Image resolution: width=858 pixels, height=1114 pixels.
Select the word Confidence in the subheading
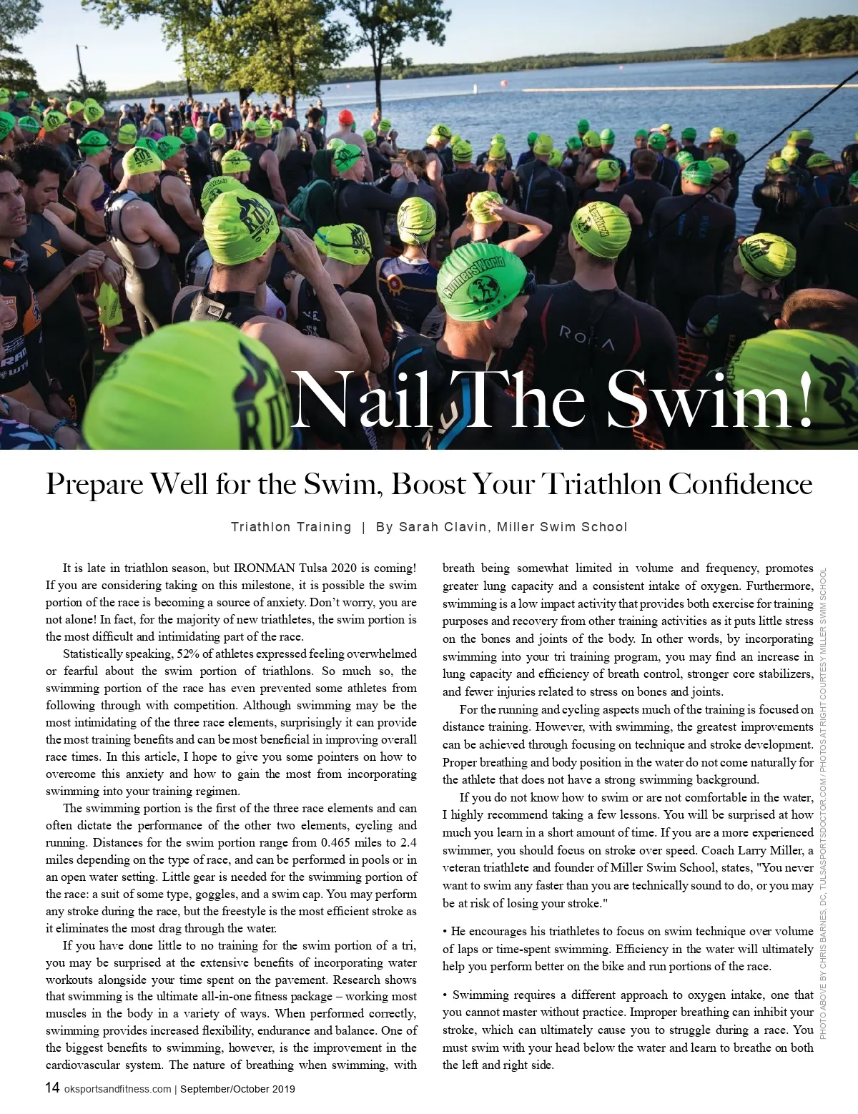tap(740, 485)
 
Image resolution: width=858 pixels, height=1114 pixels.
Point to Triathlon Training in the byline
tap(291, 527)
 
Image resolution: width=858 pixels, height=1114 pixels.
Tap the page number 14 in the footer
tap(52, 1088)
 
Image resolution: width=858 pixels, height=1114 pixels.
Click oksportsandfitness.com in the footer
tap(117, 1089)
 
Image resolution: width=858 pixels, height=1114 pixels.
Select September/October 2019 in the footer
tap(237, 1089)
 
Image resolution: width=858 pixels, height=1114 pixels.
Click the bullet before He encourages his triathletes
tap(445, 932)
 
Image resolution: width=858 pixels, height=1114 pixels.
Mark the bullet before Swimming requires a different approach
tap(445, 995)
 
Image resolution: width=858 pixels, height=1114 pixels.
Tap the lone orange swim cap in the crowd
tap(346, 117)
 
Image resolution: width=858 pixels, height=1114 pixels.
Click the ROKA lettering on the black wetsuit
tap(586, 338)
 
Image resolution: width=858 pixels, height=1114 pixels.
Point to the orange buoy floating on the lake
tap(505, 84)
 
